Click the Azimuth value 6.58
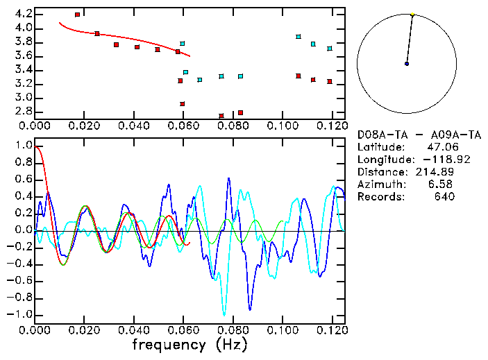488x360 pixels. (x=442, y=185)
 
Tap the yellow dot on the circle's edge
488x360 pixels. (x=412, y=14)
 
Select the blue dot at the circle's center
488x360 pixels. (x=407, y=64)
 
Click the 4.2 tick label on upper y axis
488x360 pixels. (x=23, y=14)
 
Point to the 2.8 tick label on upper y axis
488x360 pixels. (x=23, y=112)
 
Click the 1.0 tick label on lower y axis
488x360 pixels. (x=23, y=146)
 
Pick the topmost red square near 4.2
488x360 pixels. (x=77, y=14)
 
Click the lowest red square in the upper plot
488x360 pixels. (x=221, y=116)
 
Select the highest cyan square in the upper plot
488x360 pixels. (x=298, y=37)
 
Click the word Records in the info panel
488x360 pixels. (x=380, y=197)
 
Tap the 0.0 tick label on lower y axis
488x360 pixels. (x=23, y=230)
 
